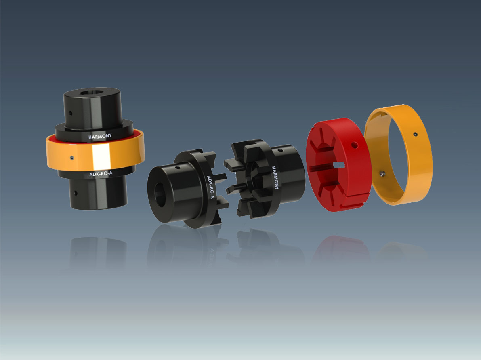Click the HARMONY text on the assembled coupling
coord(100,137)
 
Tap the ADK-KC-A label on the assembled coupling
coord(101,174)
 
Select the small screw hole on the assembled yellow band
coord(72,158)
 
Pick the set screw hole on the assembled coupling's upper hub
coord(71,113)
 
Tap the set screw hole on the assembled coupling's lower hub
coord(76,193)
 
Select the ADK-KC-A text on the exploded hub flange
coord(210,187)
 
